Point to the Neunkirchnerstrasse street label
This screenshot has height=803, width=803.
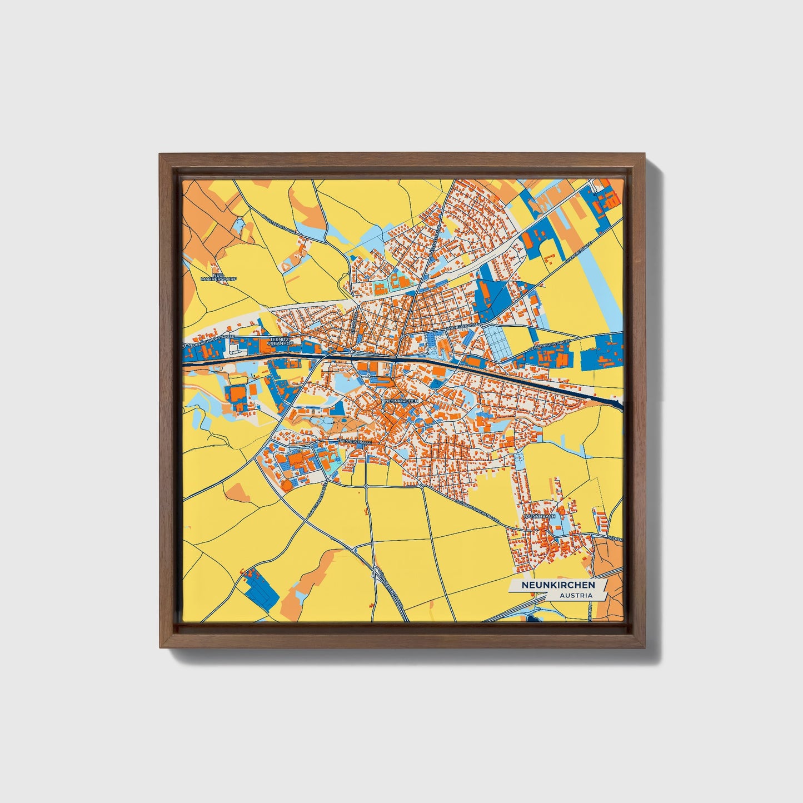click(211, 341)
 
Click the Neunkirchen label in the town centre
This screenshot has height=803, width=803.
click(400, 400)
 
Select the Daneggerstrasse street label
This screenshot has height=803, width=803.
click(316, 503)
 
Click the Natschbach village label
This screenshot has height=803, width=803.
click(539, 516)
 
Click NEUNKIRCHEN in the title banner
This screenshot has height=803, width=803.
click(558, 585)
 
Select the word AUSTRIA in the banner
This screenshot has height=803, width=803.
click(575, 595)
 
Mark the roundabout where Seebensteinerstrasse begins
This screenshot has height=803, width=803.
click(422, 486)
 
